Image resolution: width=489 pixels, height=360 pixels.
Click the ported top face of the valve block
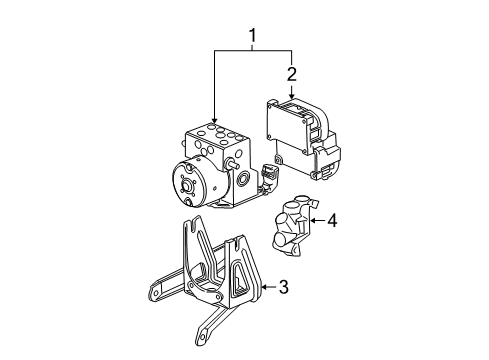216,136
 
